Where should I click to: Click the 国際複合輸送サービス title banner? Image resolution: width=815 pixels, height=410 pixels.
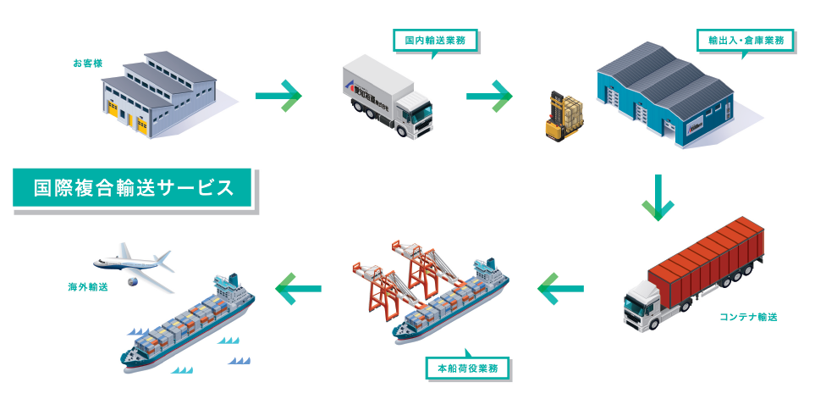[133, 188]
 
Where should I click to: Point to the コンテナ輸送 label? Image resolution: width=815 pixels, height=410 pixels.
[748, 317]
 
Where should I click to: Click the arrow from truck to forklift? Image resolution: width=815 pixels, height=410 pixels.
[489, 95]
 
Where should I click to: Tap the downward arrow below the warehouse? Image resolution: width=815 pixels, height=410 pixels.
[658, 198]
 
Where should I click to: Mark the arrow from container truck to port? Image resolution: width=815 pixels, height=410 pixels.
[559, 291]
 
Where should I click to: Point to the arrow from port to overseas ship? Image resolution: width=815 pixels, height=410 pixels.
[298, 290]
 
